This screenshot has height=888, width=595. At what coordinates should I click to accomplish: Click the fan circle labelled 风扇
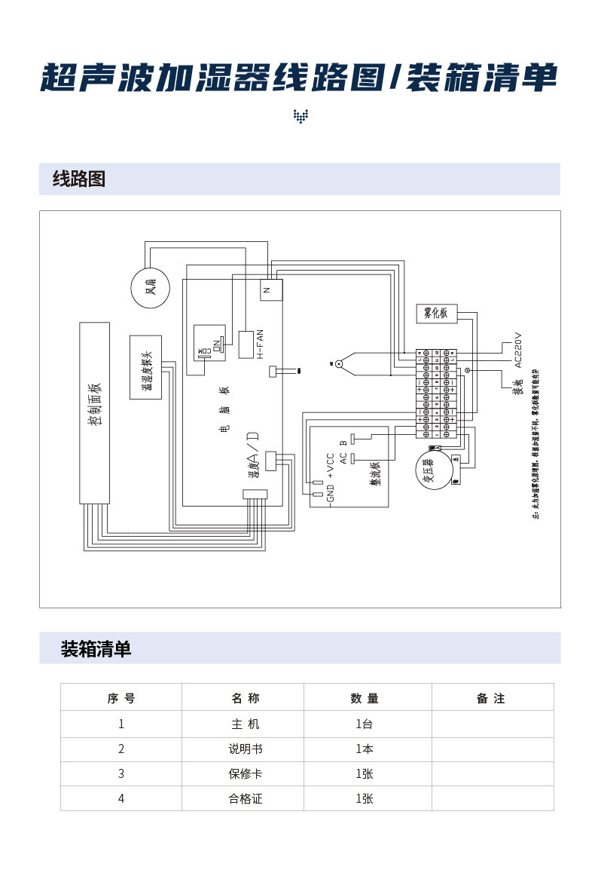150,287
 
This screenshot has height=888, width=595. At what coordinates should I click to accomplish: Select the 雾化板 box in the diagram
436,313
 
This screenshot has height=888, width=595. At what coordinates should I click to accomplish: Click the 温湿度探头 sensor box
145,367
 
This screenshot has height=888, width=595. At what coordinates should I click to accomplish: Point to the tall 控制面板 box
95,412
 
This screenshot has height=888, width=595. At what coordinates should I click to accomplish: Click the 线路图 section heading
79,179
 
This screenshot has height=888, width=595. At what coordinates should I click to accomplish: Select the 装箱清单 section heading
96,648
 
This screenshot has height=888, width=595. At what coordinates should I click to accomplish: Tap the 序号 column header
121,699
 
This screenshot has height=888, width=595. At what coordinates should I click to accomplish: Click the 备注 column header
491,699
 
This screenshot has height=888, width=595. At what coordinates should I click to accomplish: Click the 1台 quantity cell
365,724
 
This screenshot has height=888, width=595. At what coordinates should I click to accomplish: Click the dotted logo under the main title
301,116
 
